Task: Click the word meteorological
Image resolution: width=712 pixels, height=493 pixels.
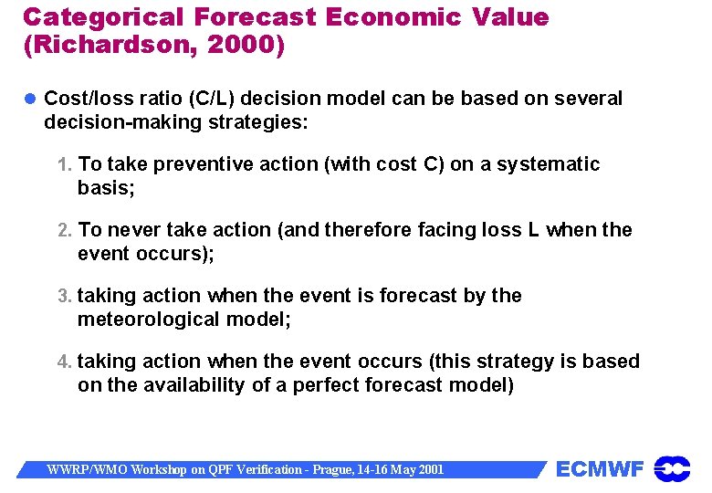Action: [x=158, y=320]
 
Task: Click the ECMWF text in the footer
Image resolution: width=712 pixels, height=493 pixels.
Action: [x=599, y=469]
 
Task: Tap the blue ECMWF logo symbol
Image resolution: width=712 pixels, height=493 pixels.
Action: [x=672, y=468]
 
